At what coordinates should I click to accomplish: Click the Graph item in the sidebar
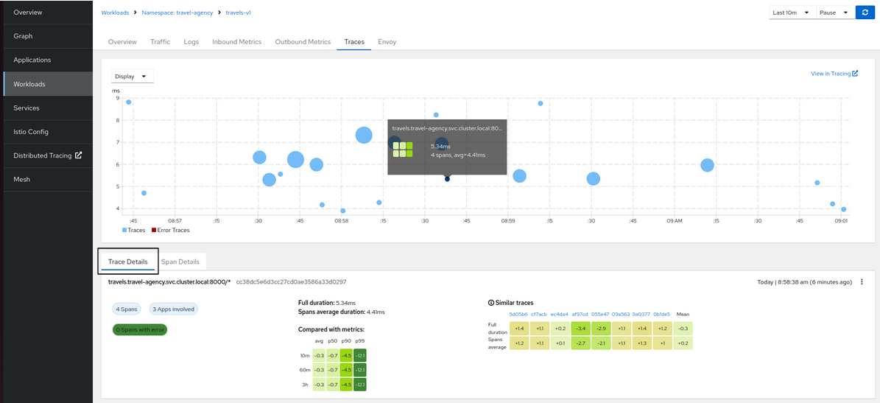pos(24,36)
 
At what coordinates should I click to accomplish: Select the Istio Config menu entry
pos(31,132)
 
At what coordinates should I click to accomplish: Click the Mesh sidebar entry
pos(21,180)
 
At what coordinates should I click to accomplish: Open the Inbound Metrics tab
pos(236,42)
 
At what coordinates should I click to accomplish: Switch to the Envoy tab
pos(387,42)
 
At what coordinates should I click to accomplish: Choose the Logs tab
pos(191,42)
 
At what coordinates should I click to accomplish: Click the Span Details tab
pos(180,262)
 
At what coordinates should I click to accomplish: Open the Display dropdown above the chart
pos(132,76)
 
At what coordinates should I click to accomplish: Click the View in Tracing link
pos(834,74)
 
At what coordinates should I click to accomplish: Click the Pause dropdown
pos(834,13)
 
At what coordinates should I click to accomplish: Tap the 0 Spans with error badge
pos(139,329)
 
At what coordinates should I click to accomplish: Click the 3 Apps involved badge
pos(173,309)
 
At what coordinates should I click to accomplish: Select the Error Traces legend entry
pos(171,230)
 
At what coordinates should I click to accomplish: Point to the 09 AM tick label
pos(674,220)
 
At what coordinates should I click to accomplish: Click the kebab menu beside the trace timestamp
pos(862,282)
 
